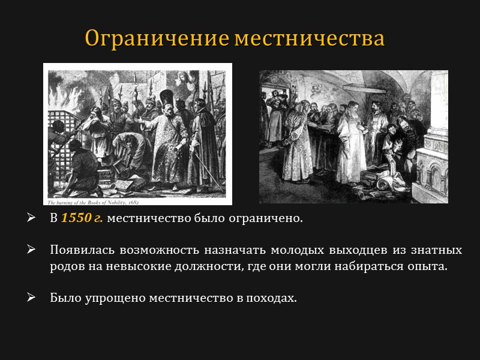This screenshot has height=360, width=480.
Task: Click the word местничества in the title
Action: [309, 38]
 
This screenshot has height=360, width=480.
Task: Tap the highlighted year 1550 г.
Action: [82, 218]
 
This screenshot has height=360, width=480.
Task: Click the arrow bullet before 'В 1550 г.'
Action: [32, 218]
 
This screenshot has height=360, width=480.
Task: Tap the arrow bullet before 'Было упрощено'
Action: [32, 298]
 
